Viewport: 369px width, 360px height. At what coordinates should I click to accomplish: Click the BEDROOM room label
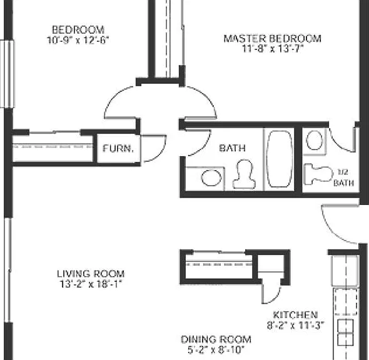coord(78,30)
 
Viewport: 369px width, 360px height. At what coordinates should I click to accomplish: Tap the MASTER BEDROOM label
coord(273,39)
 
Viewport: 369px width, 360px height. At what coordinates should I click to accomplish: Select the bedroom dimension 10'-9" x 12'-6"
coord(78,40)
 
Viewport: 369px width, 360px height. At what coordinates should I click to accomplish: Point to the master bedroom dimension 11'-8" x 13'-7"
coord(273,49)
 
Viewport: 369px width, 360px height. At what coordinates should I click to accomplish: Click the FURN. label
coord(118,149)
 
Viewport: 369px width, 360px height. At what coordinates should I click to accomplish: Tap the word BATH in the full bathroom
coord(232,148)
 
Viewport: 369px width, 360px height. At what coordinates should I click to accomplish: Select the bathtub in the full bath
coord(280,159)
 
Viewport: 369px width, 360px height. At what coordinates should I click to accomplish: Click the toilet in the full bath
coord(244,174)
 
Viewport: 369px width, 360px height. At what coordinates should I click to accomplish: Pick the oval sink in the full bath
coord(211,177)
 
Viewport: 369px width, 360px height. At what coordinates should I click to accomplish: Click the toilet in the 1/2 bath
coord(318,174)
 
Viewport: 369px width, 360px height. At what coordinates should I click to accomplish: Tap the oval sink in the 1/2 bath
coord(314,141)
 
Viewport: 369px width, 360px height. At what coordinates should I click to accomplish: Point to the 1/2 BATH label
coord(343,177)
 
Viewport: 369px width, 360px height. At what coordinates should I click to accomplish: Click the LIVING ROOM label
coord(91,274)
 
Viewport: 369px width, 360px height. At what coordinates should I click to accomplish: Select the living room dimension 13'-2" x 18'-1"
coord(91,284)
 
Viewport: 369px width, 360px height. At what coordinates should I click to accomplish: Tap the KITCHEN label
coord(296,314)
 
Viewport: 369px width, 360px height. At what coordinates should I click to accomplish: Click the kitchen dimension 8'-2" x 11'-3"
coord(296,325)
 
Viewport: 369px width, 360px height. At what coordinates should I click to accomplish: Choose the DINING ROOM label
coord(216,339)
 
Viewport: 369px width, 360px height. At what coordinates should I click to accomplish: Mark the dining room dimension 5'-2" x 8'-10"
coord(216,350)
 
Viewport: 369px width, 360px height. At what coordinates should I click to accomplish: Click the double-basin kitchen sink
coord(345,332)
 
